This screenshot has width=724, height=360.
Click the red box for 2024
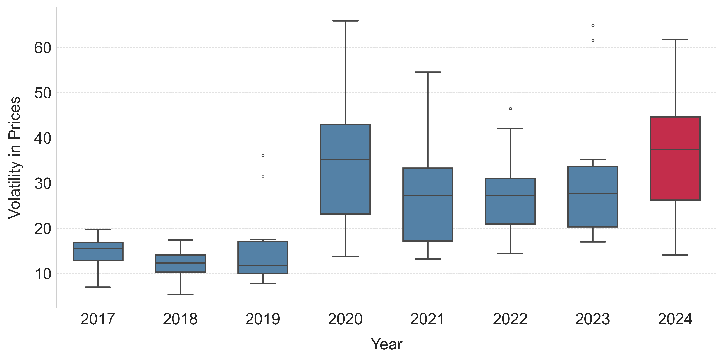675,174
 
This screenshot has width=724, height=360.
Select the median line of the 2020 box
346,160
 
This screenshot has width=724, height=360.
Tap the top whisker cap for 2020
346,21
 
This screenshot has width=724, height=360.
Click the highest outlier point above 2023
593,26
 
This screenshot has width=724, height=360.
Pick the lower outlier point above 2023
593,41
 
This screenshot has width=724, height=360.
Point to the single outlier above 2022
510,109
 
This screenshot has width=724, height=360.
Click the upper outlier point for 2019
263,155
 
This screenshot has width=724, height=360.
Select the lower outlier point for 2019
263,177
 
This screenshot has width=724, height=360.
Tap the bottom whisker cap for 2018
180,294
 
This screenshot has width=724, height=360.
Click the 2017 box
98,255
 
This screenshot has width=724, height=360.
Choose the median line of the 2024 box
675,150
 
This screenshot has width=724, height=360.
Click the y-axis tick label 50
43,93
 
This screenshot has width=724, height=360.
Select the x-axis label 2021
427,319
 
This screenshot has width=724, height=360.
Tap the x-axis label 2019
263,319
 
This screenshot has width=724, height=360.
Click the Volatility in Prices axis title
15,158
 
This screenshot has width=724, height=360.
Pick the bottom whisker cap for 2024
675,255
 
